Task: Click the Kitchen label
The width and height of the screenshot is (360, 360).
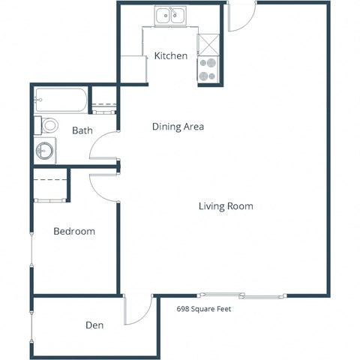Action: pos(170,56)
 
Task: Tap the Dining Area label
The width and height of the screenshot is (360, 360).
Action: pos(178,127)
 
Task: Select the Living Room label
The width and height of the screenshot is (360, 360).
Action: pos(225,206)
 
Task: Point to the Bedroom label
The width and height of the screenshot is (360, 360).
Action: pos(74,232)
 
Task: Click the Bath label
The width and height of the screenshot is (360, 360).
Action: pos(82,131)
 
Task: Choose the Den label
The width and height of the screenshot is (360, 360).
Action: pos(94,325)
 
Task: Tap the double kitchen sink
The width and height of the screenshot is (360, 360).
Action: pos(171,15)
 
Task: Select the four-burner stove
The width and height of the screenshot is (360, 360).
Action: pos(208,70)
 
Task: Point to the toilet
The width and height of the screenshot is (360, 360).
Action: pos(49,124)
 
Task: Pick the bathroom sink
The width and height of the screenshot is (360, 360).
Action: pos(46,150)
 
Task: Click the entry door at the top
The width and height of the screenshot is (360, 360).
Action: pos(242,16)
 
